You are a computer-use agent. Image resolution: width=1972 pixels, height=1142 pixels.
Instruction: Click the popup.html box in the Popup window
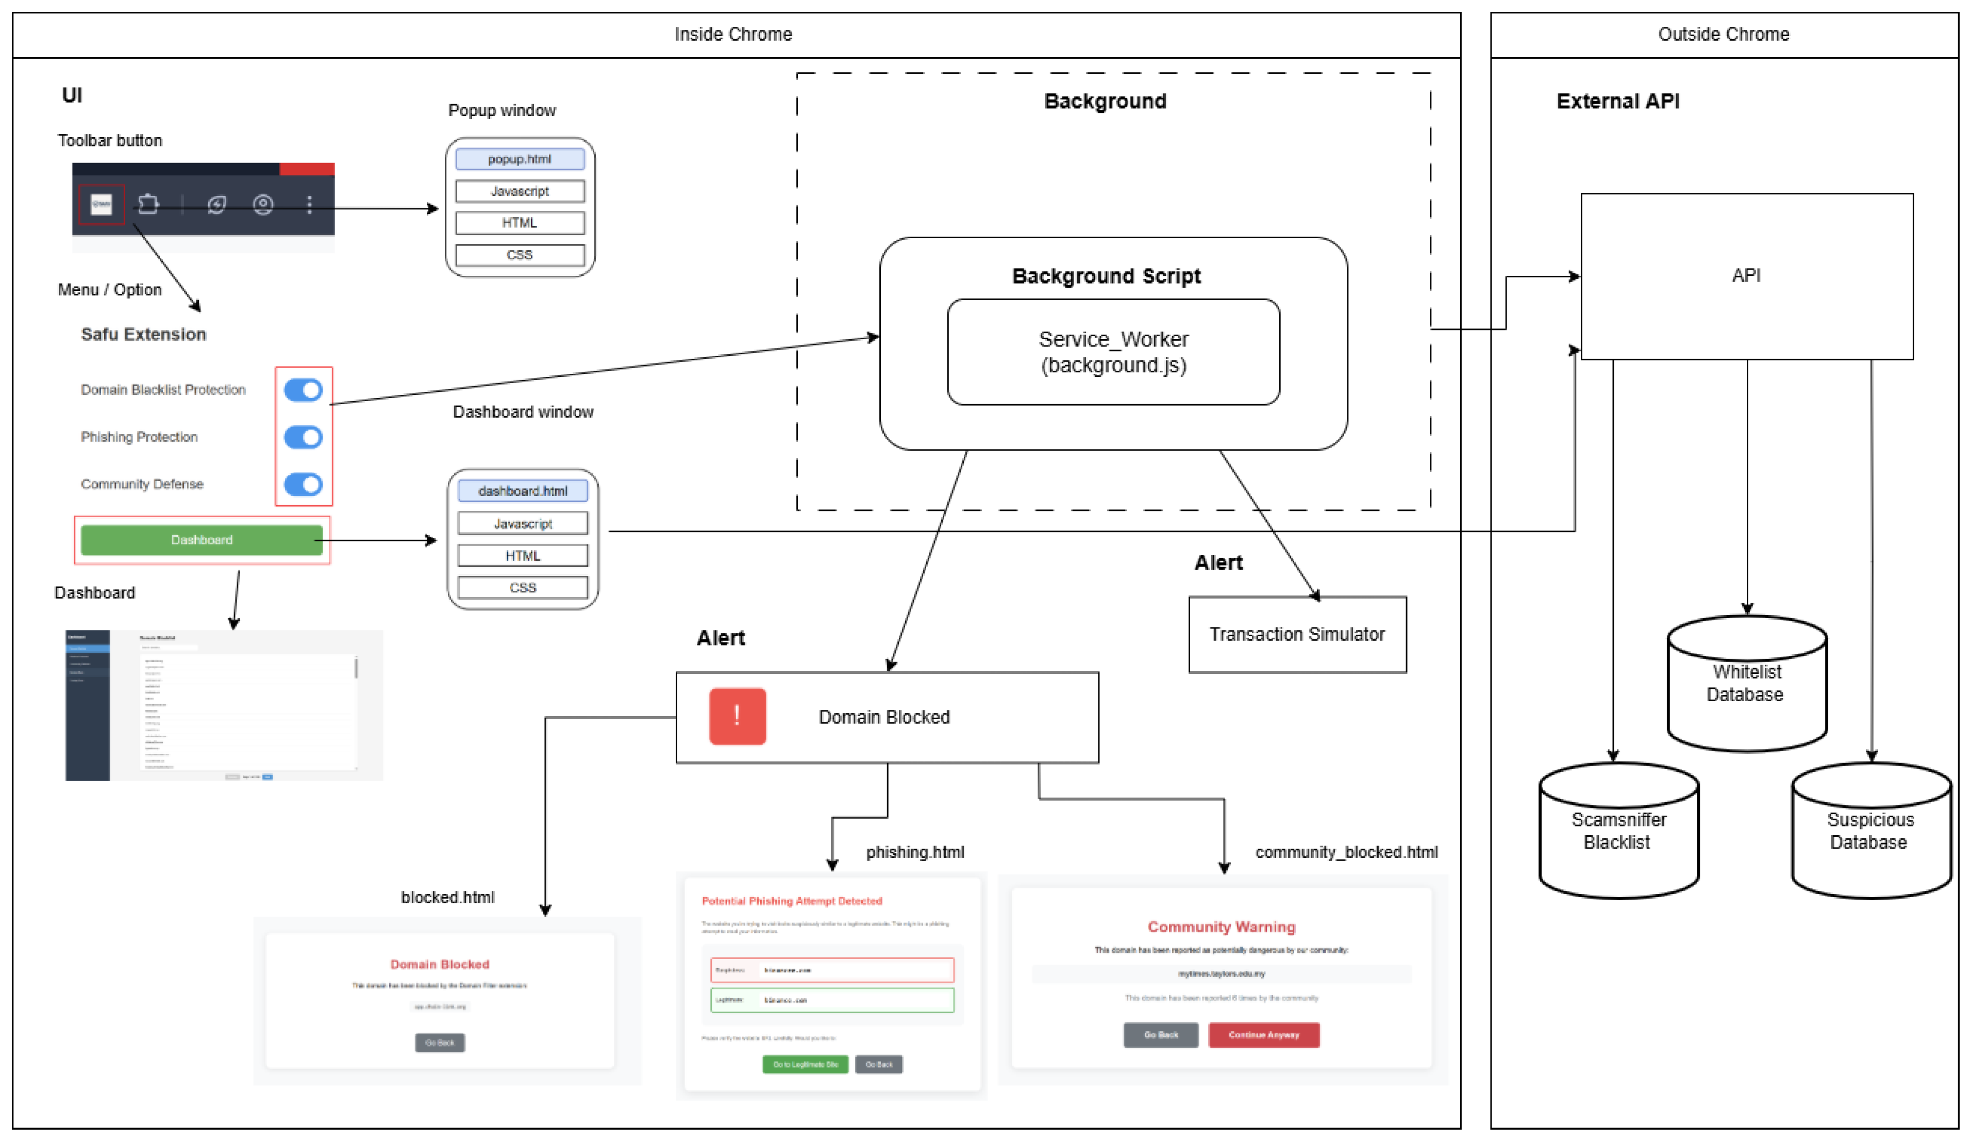point(520,159)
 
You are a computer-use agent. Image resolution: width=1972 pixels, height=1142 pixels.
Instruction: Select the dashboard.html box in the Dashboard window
point(523,491)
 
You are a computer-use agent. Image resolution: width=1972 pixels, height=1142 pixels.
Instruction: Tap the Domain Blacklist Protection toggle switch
point(303,390)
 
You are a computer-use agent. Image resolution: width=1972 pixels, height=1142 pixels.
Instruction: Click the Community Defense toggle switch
point(303,485)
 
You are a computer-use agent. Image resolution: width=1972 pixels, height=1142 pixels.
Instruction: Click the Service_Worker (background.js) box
point(1113,352)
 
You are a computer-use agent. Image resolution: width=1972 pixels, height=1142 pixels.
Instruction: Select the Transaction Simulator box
point(1297,634)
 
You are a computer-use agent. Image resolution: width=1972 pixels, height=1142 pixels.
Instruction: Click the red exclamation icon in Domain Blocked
point(737,716)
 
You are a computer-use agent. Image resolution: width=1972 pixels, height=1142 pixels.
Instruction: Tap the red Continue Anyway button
point(1263,1035)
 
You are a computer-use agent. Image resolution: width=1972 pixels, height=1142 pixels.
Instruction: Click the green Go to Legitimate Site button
point(805,1065)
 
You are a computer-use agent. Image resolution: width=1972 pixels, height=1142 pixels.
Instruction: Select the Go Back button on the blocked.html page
point(439,1042)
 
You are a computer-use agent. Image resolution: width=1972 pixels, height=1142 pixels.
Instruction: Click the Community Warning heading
point(1221,927)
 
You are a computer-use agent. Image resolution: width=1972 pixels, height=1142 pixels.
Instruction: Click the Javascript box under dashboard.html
point(523,524)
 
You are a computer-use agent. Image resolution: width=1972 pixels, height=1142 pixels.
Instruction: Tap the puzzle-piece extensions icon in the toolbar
point(148,204)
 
